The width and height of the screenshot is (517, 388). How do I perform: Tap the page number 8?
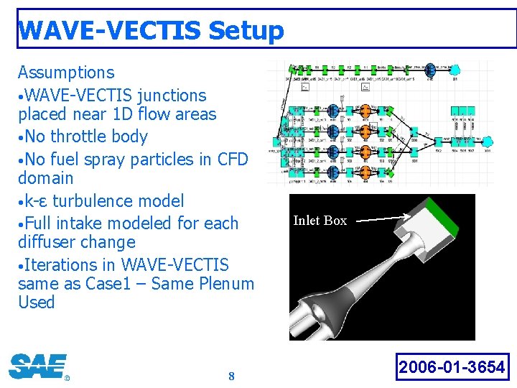pos(231,377)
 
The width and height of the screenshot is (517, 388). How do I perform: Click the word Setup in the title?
pos(246,31)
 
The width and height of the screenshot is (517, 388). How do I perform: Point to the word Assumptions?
pos(66,73)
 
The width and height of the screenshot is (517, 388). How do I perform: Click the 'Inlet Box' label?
pos(320,221)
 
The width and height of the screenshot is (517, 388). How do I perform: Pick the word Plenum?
pos(224,284)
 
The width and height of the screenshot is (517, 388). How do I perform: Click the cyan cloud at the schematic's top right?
pos(454,70)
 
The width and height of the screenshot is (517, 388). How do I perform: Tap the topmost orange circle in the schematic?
pos(365,111)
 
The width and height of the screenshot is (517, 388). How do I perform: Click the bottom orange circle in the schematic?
pos(365,173)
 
